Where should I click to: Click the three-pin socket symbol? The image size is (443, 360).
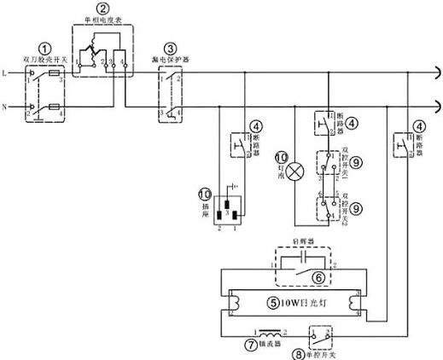point(226,209)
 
